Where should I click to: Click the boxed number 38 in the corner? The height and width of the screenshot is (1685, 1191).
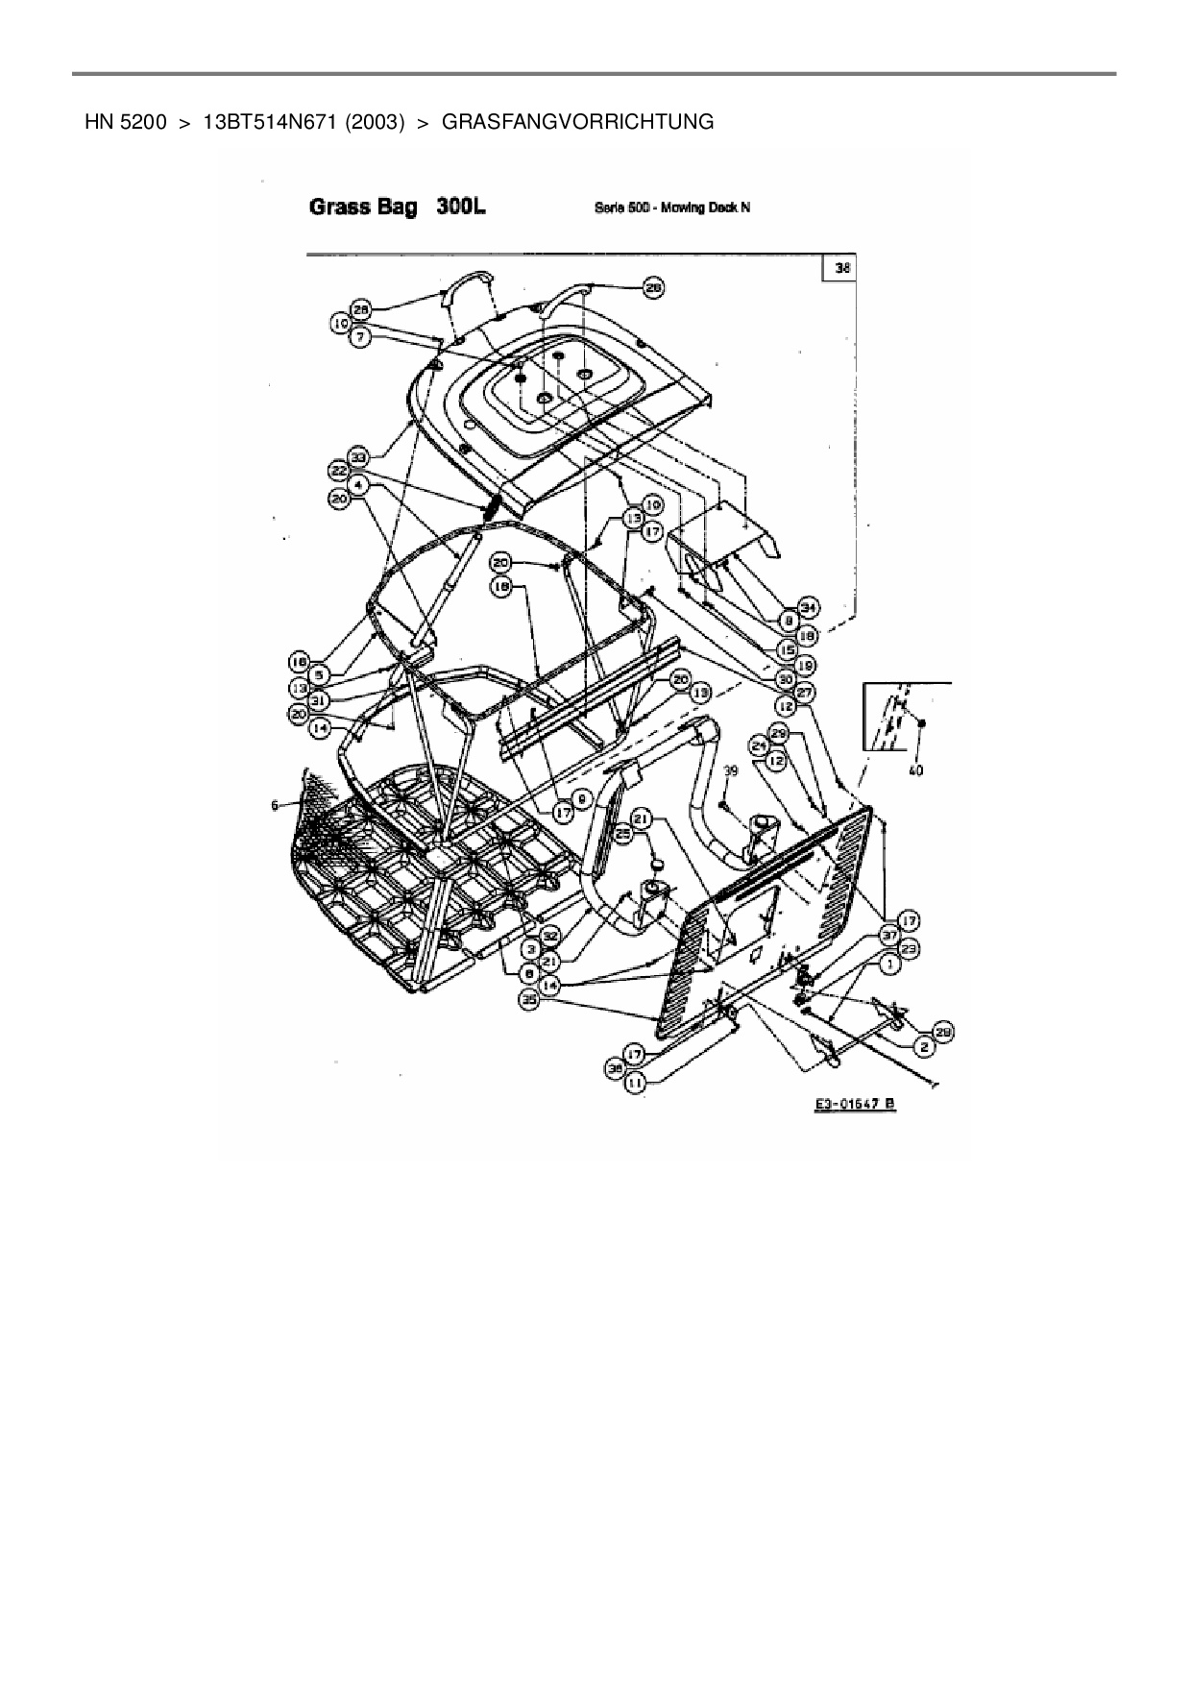[x=841, y=269]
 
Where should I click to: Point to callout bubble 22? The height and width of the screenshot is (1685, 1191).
[x=339, y=471]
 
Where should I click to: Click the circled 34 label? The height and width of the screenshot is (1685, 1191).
[x=809, y=606]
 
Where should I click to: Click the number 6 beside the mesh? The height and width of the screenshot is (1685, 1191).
[x=277, y=805]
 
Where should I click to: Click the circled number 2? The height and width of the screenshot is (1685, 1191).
[x=924, y=1046]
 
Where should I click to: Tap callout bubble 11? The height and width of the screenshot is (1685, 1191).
[x=635, y=1083]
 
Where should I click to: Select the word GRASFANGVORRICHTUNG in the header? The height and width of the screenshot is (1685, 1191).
[x=577, y=122]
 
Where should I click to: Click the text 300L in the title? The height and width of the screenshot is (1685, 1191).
[x=460, y=207]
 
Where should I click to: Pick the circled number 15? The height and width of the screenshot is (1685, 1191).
[x=788, y=650]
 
